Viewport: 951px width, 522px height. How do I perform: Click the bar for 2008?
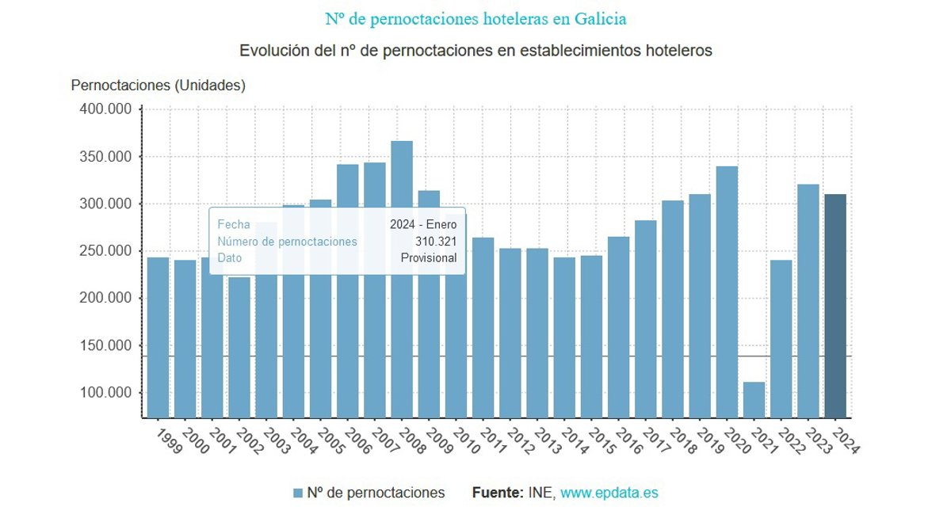tap(402, 277)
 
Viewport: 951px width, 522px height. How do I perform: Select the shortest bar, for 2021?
tap(754, 399)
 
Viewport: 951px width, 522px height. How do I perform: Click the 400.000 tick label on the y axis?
tap(105, 109)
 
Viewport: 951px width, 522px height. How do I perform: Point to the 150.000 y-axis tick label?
tap(105, 346)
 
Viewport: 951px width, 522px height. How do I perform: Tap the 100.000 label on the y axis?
tap(105, 394)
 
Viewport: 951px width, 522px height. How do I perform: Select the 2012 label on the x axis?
tap(520, 440)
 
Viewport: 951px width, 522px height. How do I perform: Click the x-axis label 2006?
tap(357, 440)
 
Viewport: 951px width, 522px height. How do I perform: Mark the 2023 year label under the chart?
tap(818, 440)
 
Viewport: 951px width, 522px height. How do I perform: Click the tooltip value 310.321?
tap(437, 242)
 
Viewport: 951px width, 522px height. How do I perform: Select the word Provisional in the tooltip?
tap(429, 258)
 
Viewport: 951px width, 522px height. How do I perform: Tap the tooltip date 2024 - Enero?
tap(423, 225)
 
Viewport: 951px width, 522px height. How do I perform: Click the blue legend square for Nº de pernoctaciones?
tap(298, 493)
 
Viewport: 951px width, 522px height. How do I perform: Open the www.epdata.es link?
tap(609, 493)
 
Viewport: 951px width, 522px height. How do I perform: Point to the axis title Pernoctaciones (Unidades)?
tap(158, 86)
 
